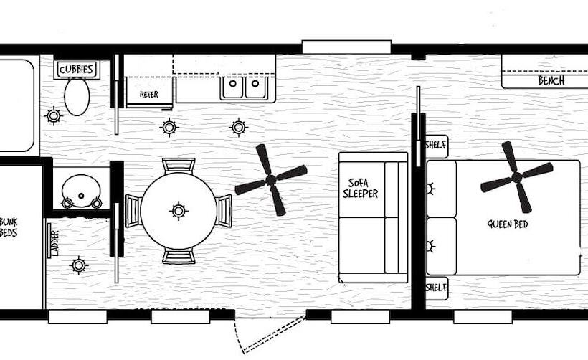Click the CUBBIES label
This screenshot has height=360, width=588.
coord(77,70)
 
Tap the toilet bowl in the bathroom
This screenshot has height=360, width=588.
coord(77,97)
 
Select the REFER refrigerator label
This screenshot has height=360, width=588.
coord(149,95)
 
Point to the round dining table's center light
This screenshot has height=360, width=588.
coord(179,211)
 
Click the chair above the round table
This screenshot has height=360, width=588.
coord(179,166)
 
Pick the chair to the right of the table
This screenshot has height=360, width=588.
coord(224,211)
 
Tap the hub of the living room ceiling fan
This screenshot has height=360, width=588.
coord(271,181)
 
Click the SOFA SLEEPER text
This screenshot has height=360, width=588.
coord(360,189)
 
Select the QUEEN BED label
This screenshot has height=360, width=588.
coord(508,224)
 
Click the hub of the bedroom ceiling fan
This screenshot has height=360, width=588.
coord(517,177)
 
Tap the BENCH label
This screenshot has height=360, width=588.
coord(551,80)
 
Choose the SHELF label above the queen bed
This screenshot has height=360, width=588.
coord(436,145)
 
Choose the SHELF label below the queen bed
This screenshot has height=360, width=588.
coord(436,288)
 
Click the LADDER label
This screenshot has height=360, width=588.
coord(54,243)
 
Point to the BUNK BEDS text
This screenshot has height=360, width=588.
coord(9,227)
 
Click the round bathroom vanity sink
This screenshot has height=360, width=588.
coord(81,191)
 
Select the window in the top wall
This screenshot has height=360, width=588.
coord(346,47)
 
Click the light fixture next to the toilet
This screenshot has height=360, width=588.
coord(54,116)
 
